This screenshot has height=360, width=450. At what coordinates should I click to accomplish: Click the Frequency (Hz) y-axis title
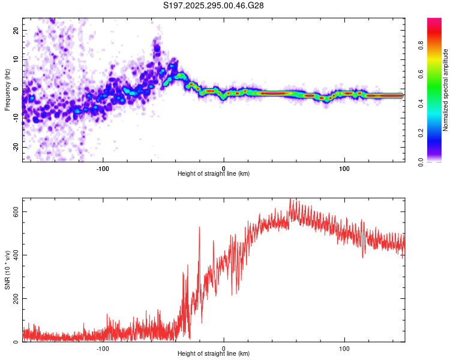point(7,90)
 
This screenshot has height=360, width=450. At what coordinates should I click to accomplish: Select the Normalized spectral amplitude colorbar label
point(445,90)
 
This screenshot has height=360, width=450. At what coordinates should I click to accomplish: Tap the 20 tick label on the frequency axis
point(16,30)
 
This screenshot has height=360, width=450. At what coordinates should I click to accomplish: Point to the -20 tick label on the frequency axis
point(15,148)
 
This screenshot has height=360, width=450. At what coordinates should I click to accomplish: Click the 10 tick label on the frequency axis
point(16,59)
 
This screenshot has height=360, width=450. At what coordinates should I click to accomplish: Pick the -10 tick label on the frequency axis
point(15,118)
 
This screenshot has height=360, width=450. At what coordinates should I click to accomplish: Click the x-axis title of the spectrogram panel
point(214,174)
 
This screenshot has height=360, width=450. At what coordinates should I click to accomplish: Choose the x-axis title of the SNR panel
point(214,354)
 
